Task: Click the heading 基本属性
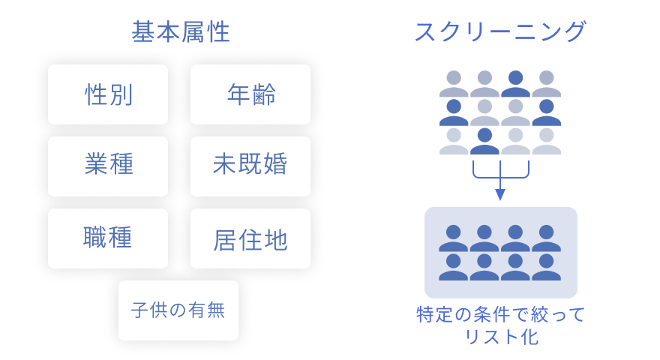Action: (x=181, y=32)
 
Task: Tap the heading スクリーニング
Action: (x=500, y=31)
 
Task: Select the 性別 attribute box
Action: (x=108, y=94)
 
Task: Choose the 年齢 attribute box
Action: (x=250, y=94)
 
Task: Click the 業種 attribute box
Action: (x=108, y=166)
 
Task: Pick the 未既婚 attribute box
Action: (x=250, y=166)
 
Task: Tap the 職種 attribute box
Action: (x=108, y=238)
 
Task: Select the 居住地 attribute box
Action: (x=250, y=238)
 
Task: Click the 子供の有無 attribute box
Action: (x=178, y=310)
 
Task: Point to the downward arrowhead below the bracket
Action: (x=500, y=194)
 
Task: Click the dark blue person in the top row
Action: (x=516, y=84)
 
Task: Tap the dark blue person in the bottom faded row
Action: (x=485, y=141)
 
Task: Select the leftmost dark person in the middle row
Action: (x=454, y=112)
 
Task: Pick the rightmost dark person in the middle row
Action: (x=546, y=112)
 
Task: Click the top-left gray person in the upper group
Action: (x=454, y=84)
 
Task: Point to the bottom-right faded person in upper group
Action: (x=546, y=141)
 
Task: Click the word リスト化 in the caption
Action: (x=501, y=337)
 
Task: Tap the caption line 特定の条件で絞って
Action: (x=500, y=314)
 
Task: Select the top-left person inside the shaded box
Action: (x=453, y=238)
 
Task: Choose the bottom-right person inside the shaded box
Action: (x=546, y=267)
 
